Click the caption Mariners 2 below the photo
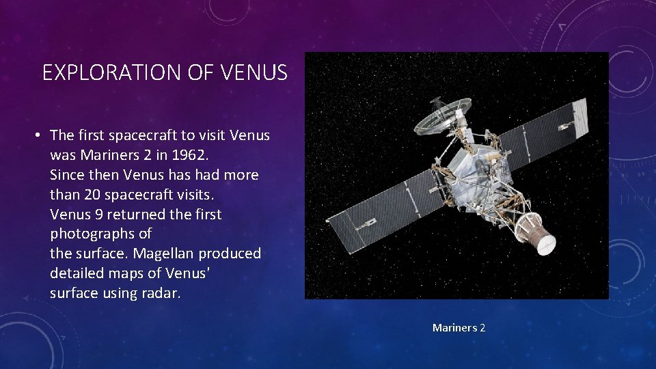pyautogui.click(x=459, y=328)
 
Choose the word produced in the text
pyautogui.click(x=230, y=254)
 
